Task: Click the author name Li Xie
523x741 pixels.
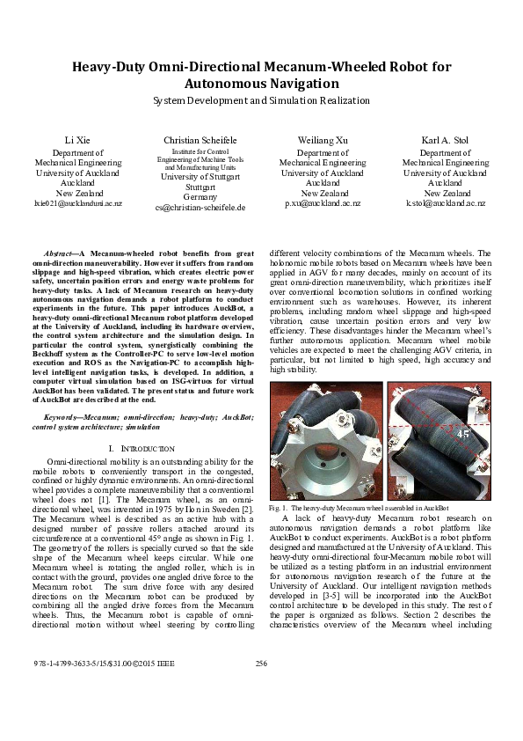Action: click(x=78, y=141)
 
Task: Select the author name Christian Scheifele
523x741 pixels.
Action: click(x=200, y=141)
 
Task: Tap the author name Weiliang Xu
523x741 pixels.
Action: click(x=323, y=141)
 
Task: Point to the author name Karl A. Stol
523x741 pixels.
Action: click(x=445, y=141)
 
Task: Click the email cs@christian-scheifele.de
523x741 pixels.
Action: click(x=200, y=208)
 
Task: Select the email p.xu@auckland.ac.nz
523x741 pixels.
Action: click(x=323, y=203)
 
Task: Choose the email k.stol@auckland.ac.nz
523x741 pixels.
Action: click(x=445, y=203)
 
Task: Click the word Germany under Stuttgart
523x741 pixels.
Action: click(x=200, y=197)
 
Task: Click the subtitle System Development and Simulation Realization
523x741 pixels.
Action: click(x=261, y=101)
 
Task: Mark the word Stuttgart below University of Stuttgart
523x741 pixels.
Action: click(x=200, y=187)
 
